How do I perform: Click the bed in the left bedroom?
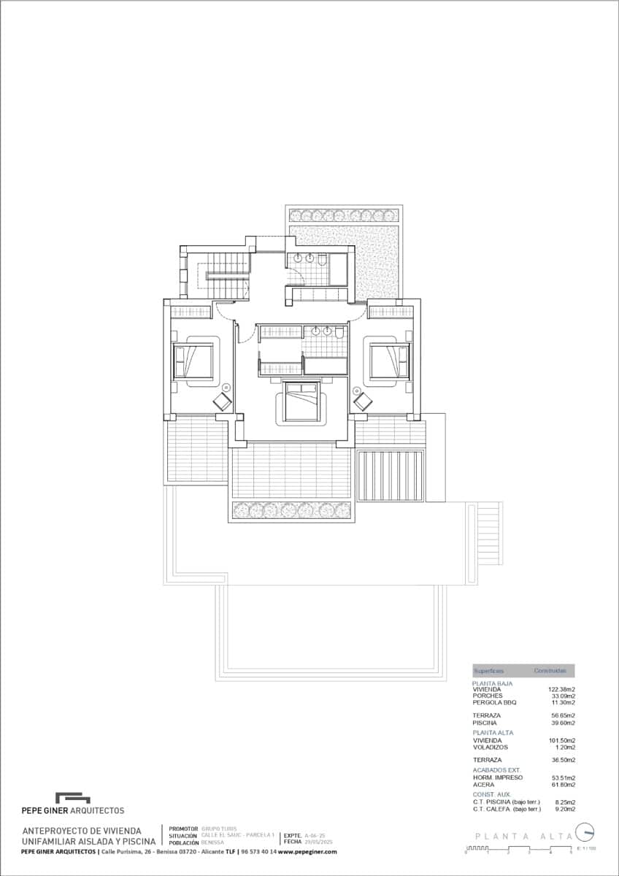click(194, 361)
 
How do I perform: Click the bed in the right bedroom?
click(388, 361)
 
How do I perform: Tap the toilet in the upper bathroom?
click(322, 258)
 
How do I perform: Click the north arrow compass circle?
click(585, 832)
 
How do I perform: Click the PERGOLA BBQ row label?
click(494, 702)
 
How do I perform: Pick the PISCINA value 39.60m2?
click(563, 723)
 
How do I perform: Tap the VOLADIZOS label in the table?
click(490, 747)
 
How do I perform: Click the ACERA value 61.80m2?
click(563, 785)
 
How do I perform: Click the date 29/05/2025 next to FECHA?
click(318, 842)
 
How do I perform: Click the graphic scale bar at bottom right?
click(519, 849)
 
